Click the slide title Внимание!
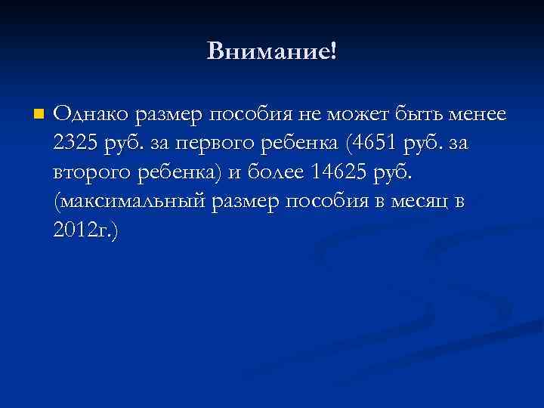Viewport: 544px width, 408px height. point(272,51)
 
